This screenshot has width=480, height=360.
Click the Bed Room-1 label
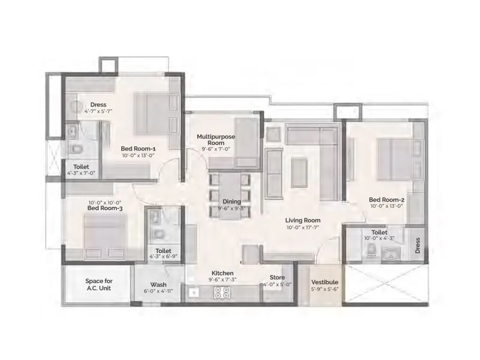pyautogui.click(x=139, y=148)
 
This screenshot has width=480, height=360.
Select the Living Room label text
pyautogui.click(x=302, y=220)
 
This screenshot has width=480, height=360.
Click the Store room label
pyautogui.click(x=277, y=277)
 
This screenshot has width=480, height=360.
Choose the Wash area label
pyautogui.click(x=158, y=285)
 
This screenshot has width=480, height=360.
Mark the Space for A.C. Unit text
pyautogui.click(x=98, y=284)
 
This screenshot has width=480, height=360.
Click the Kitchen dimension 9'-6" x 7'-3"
pyautogui.click(x=222, y=280)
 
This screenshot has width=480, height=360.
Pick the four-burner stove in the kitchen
pyautogui.click(x=223, y=293)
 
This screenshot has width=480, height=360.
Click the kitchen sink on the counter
pyautogui.click(x=193, y=292)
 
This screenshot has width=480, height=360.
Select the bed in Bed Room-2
pyautogui.click(x=395, y=159)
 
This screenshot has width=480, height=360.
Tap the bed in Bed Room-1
pyautogui.click(x=151, y=113)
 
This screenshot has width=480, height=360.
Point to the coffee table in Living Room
pyautogui.click(x=299, y=170)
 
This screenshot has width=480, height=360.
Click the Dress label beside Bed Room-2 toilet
pyautogui.click(x=418, y=245)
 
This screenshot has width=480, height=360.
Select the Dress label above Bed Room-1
pyautogui.click(x=98, y=104)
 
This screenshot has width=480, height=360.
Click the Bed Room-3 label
pyautogui.click(x=105, y=209)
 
